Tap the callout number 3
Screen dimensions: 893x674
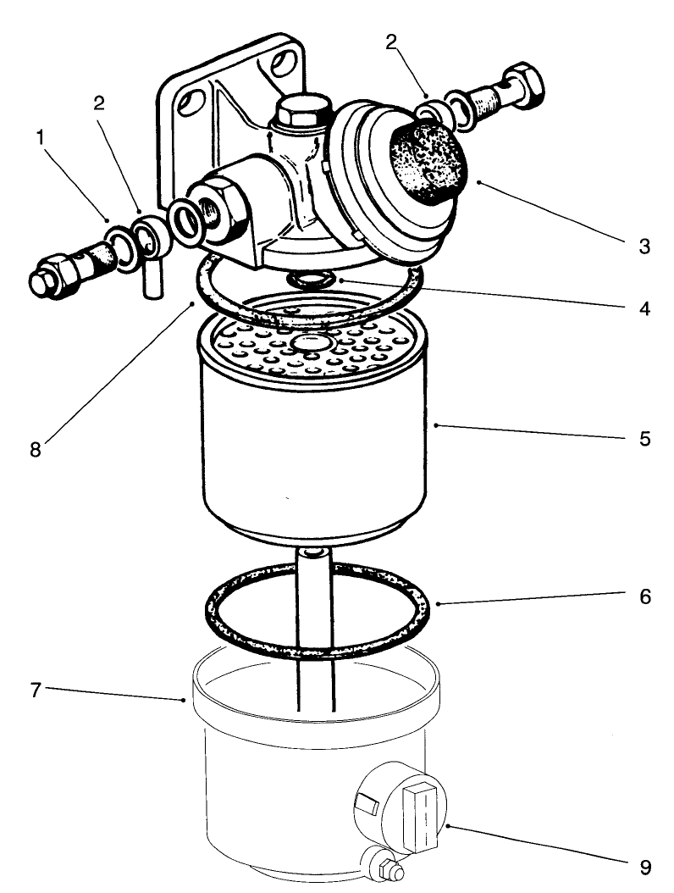point(644,247)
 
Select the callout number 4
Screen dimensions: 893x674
point(644,308)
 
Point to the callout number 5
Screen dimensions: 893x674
point(644,439)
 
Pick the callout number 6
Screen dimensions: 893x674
point(644,596)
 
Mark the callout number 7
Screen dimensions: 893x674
point(36,689)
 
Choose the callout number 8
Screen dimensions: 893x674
point(36,449)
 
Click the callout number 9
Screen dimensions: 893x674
point(644,867)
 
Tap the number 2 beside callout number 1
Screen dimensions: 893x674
point(99,103)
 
